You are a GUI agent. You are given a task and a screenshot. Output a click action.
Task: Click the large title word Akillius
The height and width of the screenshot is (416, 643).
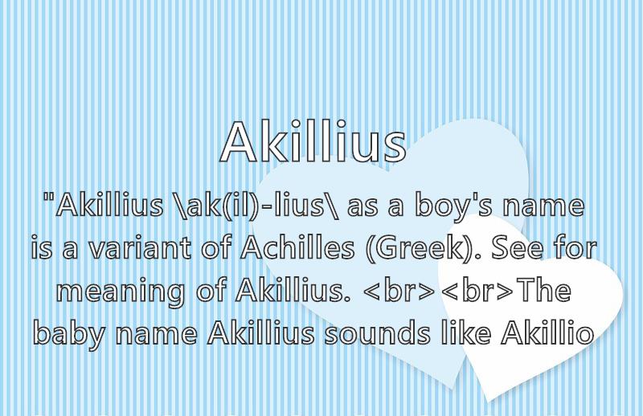[313, 142]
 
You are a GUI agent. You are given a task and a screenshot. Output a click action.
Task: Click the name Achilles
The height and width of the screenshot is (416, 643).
[297, 247]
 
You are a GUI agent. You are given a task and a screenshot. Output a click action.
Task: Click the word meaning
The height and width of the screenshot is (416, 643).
[120, 292]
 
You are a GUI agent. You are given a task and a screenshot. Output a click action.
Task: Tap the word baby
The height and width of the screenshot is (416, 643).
[69, 334]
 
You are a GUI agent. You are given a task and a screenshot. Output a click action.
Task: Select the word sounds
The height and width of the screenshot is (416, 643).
[377, 332]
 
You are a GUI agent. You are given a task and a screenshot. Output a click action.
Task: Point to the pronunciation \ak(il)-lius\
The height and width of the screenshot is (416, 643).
[255, 206]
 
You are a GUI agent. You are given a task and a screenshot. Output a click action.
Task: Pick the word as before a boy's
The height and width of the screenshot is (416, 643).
[362, 208]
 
